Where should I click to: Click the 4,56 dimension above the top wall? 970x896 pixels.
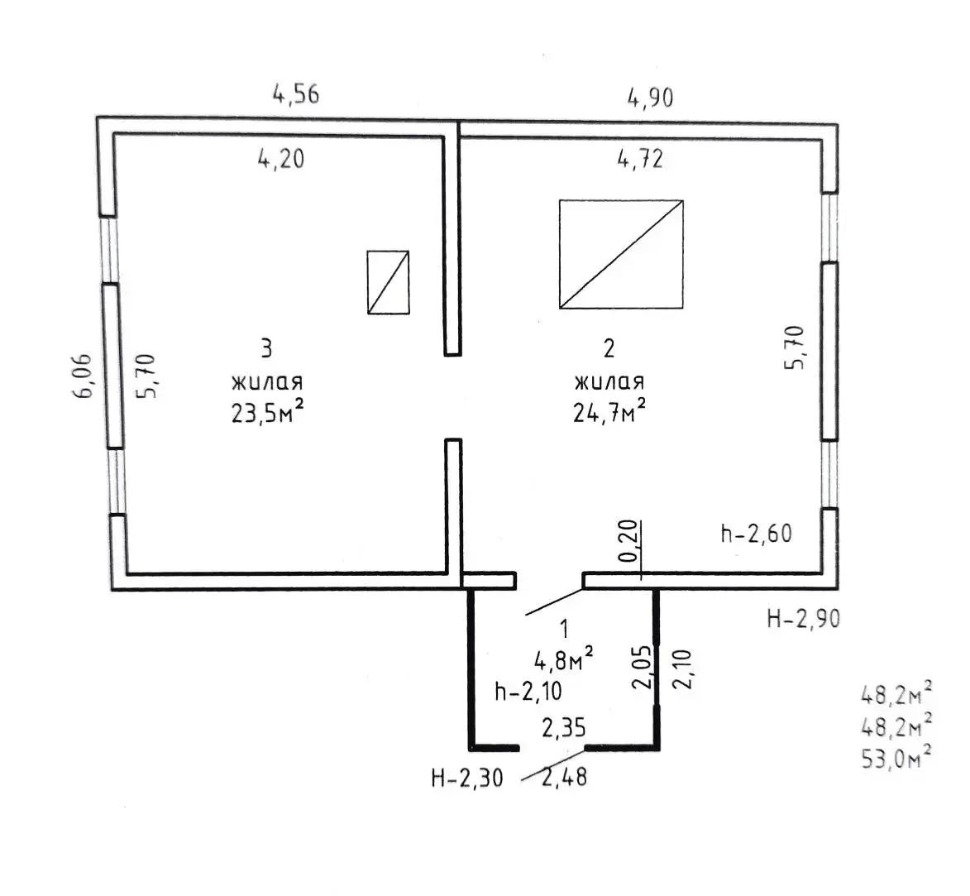(x=296, y=95)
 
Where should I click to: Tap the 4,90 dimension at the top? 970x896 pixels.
(x=650, y=98)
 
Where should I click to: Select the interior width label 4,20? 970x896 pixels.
(x=281, y=160)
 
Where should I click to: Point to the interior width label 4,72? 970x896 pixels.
(x=640, y=160)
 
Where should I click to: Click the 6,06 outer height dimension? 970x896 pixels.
(x=84, y=376)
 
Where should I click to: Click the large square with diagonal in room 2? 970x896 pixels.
(x=621, y=254)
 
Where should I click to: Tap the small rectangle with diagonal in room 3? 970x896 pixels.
(x=388, y=282)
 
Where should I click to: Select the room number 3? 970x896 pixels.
(x=266, y=348)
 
